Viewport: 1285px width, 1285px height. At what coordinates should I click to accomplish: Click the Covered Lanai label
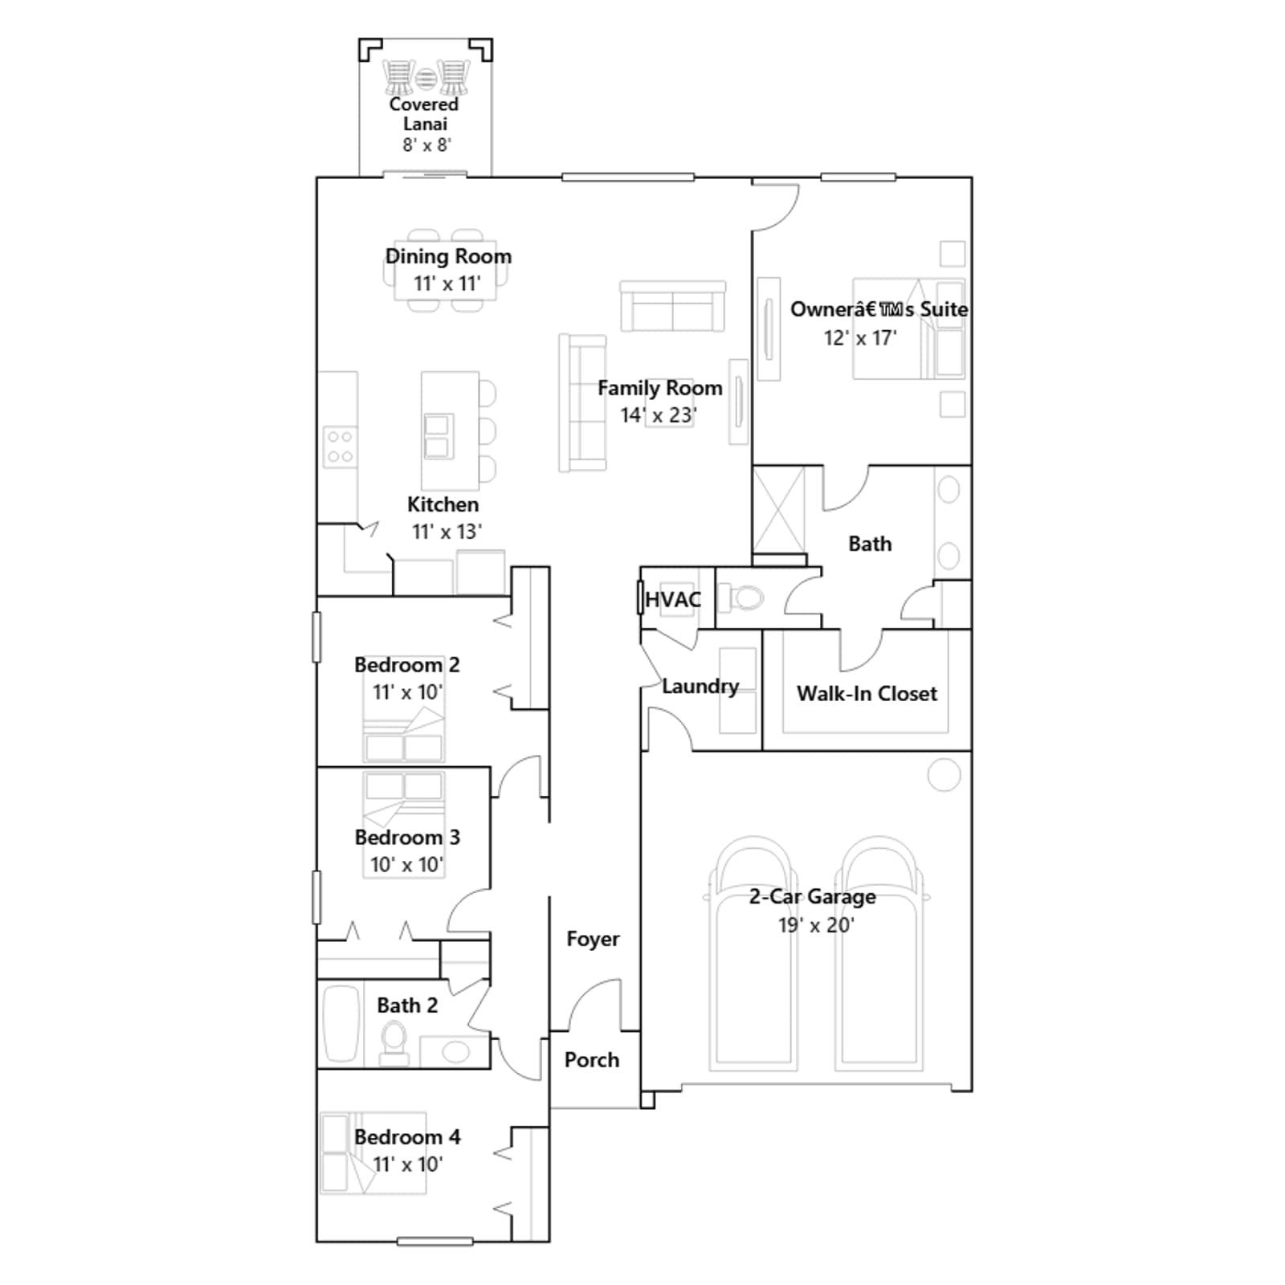point(424,114)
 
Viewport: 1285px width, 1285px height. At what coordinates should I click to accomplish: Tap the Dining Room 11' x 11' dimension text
point(447,284)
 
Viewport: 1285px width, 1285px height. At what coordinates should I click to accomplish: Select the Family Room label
point(659,389)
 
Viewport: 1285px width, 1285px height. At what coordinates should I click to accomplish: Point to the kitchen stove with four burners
point(340,447)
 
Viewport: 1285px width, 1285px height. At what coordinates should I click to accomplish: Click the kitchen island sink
point(439,436)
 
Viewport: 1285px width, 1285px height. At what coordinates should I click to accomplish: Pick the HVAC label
point(673,600)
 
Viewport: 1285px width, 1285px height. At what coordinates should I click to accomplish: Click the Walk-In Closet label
point(867,694)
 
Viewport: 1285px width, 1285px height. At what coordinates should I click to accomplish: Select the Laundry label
point(700,687)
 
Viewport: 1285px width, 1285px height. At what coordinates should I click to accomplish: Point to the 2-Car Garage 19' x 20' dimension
point(816,925)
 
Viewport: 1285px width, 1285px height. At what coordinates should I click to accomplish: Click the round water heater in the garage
point(944,775)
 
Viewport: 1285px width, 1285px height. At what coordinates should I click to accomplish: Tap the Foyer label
point(593,940)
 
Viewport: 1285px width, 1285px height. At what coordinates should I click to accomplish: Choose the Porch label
point(592,1060)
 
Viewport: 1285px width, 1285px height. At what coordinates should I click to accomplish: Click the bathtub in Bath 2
point(341,1024)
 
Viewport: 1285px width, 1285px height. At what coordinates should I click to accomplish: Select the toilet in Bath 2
point(394,1042)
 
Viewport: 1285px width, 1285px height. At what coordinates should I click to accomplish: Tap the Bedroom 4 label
point(407,1137)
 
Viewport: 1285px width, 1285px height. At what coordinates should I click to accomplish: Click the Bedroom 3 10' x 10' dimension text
point(406,865)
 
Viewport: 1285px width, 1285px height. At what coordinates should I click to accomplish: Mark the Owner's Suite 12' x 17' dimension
point(860,338)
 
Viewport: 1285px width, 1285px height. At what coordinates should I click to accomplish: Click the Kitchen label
point(443,504)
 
